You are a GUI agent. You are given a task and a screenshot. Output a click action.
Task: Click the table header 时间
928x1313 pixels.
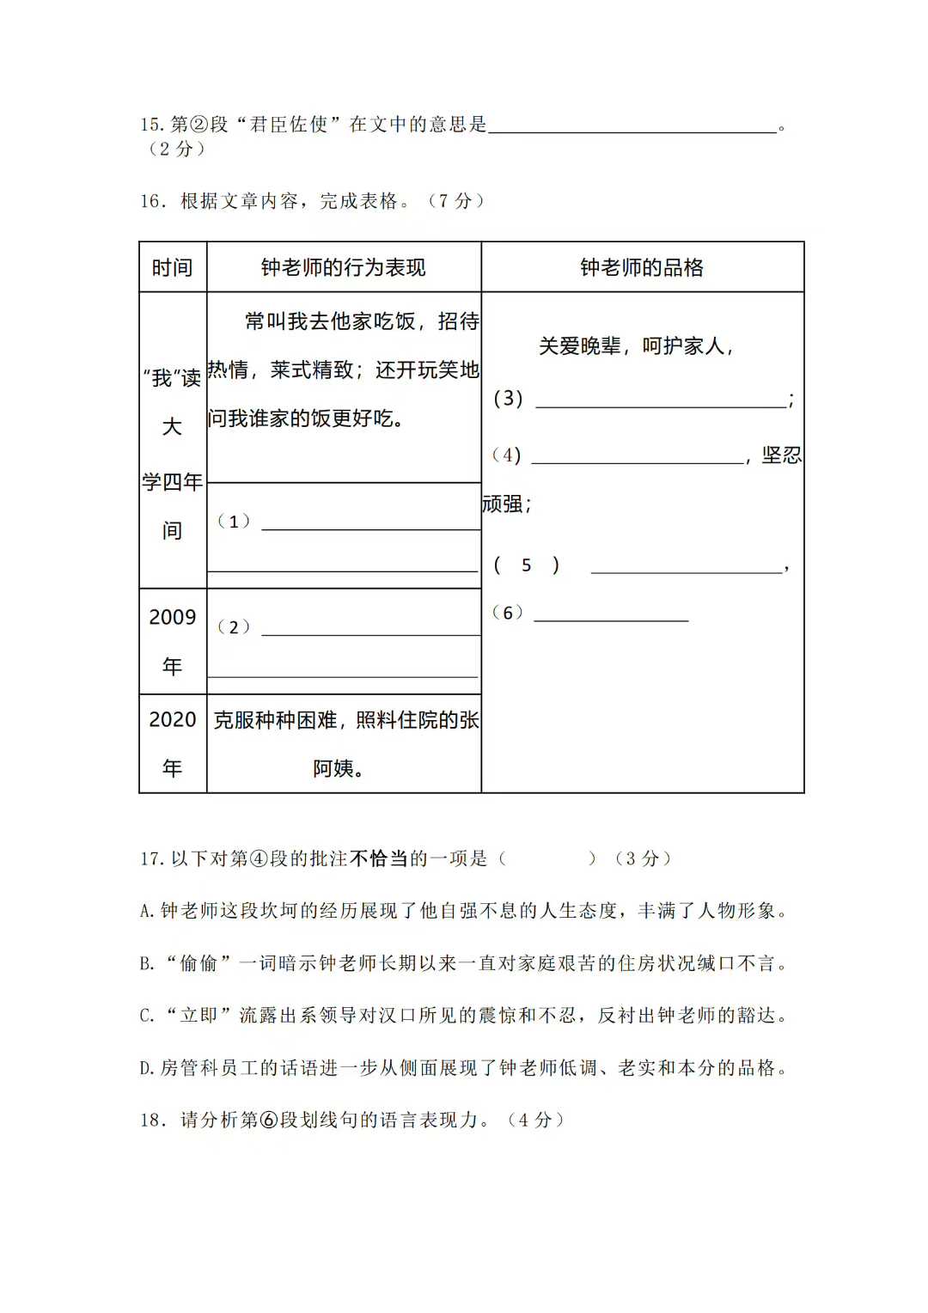pos(172,268)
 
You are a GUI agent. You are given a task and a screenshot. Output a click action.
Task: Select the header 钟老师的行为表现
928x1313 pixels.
pos(343,268)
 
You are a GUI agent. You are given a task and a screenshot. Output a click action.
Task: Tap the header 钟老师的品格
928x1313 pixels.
pos(642,268)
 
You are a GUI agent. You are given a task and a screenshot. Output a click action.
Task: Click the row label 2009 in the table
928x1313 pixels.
pos(173,617)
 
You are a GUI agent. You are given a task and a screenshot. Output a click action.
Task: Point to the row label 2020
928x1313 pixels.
pos(173,719)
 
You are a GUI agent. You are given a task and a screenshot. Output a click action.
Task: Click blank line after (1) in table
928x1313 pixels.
pos(370,524)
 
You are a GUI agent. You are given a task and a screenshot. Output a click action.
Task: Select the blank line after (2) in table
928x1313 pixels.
pos(370,630)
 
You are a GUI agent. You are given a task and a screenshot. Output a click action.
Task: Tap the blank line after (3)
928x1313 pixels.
pos(660,401)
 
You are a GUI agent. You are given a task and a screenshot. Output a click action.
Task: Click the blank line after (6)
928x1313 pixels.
pos(611,615)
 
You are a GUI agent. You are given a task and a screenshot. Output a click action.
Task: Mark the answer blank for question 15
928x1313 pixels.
pos(632,127)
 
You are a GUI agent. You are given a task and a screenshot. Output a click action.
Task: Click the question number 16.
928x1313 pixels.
pos(152,201)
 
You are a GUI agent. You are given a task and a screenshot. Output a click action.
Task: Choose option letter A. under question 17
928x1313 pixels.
pos(147,911)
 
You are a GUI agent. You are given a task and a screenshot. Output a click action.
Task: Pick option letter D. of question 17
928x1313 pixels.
pos(147,1068)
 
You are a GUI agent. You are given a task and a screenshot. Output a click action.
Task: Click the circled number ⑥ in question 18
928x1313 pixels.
pos(268,1120)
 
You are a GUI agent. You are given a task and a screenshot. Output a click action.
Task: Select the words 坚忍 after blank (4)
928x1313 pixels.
pos(781,455)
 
